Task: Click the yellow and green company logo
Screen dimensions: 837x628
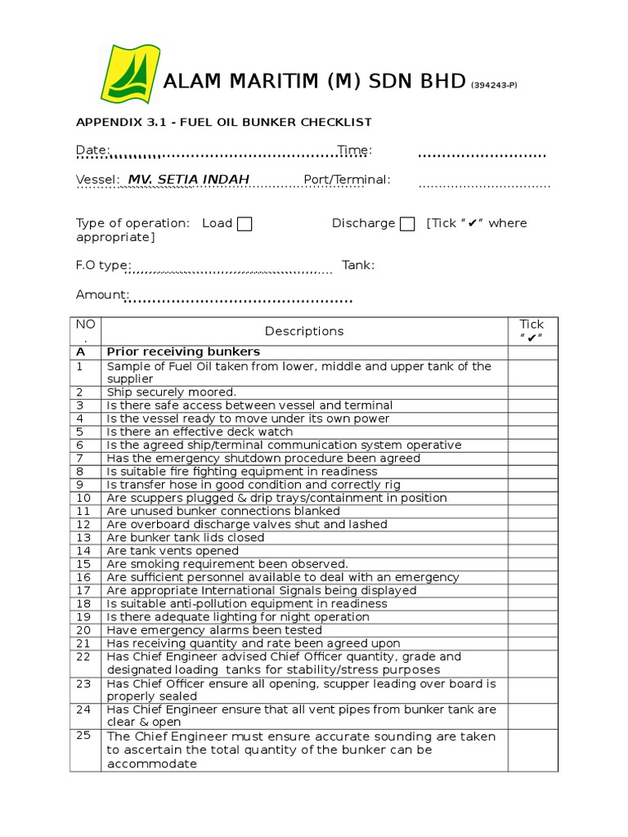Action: pyautogui.click(x=130, y=74)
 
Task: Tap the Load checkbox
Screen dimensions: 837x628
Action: pyautogui.click(x=244, y=224)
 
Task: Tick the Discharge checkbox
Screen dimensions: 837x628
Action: pyautogui.click(x=407, y=224)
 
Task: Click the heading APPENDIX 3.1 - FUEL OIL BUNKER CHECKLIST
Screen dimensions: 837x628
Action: pyautogui.click(x=223, y=122)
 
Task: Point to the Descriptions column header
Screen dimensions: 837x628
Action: pyautogui.click(x=304, y=331)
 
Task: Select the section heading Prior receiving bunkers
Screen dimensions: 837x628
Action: pyautogui.click(x=183, y=351)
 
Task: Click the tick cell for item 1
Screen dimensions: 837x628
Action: pyautogui.click(x=532, y=373)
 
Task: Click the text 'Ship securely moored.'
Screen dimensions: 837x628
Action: pyautogui.click(x=171, y=392)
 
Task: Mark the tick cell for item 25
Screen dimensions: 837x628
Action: pyautogui.click(x=532, y=750)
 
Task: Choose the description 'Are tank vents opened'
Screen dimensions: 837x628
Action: pyautogui.click(x=173, y=551)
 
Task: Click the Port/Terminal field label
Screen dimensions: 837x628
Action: pyautogui.click(x=347, y=179)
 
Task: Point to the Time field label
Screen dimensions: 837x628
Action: pyautogui.click(x=355, y=150)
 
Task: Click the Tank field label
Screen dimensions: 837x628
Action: pyautogui.click(x=358, y=265)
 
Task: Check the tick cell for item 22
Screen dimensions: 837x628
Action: pyautogui.click(x=532, y=663)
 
